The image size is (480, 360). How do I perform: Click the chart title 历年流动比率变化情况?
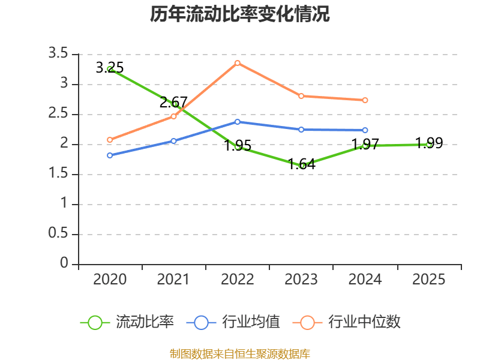[x=239, y=14]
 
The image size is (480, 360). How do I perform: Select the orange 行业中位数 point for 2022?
[x=237, y=63]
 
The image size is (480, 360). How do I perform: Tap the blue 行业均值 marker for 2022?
[x=237, y=122]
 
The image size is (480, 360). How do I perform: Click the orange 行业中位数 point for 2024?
[x=365, y=100]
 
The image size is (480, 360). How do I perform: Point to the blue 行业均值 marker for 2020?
[x=110, y=155]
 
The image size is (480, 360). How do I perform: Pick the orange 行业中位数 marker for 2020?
[x=110, y=140]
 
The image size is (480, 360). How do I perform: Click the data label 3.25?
[x=110, y=68]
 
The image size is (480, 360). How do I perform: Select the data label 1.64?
[x=302, y=164]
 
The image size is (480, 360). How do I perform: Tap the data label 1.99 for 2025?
[x=429, y=143]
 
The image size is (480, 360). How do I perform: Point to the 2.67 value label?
[x=173, y=102]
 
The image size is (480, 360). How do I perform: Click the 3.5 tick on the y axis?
[x=58, y=53]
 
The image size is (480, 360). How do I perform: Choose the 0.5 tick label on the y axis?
[x=58, y=233]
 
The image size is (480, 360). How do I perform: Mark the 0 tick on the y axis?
[x=64, y=263]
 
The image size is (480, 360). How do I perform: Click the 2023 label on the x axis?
[x=301, y=279]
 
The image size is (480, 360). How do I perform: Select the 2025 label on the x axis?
[x=428, y=279]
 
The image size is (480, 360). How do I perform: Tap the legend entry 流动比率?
[x=127, y=322]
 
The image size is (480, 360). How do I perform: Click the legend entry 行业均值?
[x=233, y=322]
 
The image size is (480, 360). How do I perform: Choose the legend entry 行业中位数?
[x=347, y=322]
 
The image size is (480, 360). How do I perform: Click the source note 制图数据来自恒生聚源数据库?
[x=240, y=354]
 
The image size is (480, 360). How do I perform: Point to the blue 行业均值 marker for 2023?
[x=301, y=130]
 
